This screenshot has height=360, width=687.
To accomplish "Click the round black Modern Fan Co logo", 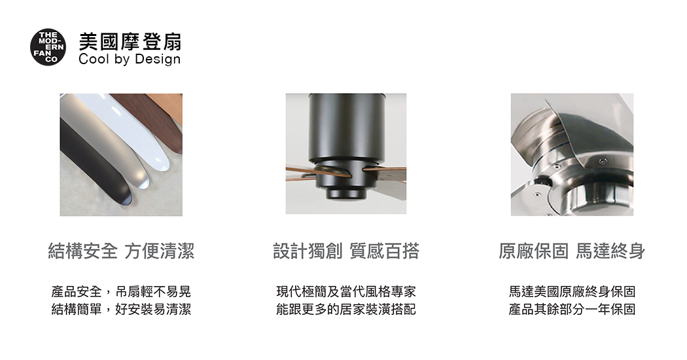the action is coord(48,47).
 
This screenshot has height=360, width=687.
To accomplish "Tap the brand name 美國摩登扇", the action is coord(130,42).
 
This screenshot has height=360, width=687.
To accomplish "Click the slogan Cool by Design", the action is coord(130,60).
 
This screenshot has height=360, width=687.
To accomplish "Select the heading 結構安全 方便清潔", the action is coord(121,251).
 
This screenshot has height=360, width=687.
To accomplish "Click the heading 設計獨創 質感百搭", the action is coord(346,251).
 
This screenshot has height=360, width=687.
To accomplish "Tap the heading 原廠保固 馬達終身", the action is coord(572,251).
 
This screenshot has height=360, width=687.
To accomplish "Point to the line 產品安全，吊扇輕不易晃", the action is coord(121,291).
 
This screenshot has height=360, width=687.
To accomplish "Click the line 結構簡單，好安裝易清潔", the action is coord(121,309).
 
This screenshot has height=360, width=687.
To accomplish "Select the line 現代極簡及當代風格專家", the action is coord(346,291).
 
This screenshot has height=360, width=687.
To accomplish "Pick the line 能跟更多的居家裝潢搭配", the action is coord(346,309).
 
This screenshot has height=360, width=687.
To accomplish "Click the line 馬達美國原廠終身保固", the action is coord(572,291).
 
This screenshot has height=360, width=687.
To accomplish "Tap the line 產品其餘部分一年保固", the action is coord(572,309).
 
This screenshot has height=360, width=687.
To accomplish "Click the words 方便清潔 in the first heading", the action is coord(160,251).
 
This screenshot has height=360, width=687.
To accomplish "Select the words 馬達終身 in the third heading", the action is coord(610,251).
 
